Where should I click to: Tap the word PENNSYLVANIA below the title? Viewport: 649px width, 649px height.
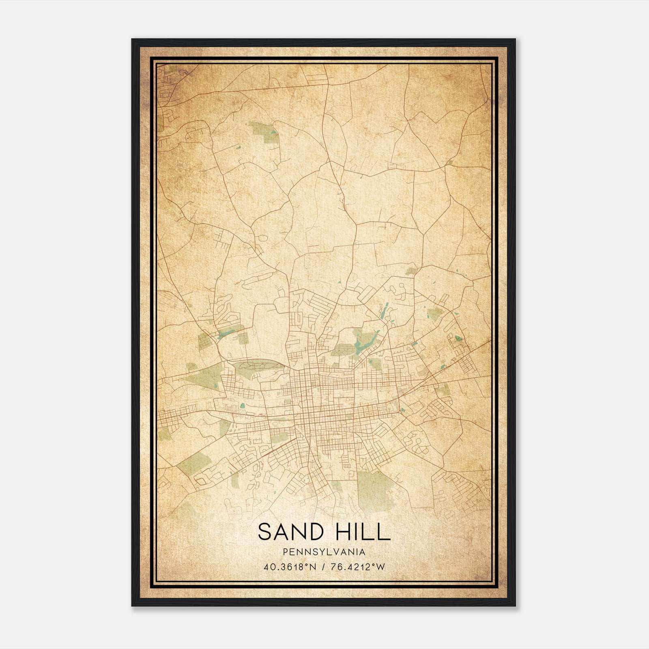(324, 552)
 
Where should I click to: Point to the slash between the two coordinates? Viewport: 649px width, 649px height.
(323, 567)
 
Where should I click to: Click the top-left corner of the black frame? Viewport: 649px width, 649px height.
(132, 40)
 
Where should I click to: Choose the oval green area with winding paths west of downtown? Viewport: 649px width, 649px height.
(260, 367)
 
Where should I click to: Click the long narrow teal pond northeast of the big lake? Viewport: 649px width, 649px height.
(384, 310)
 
